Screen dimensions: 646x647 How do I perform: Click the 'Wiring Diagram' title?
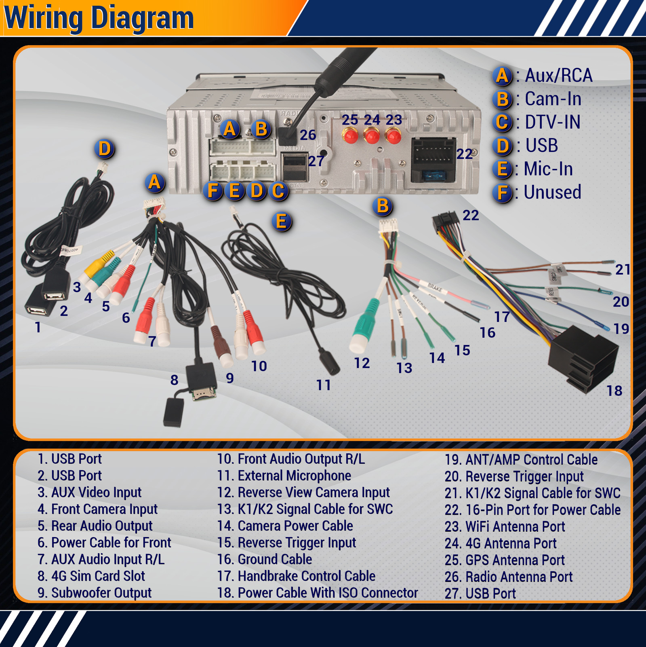(x=99, y=19)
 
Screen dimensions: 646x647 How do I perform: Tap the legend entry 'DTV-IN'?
(x=552, y=122)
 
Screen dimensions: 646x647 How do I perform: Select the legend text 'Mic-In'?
(x=548, y=169)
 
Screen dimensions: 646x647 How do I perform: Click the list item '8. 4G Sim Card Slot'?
(x=91, y=576)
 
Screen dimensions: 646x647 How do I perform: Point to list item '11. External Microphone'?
(x=284, y=476)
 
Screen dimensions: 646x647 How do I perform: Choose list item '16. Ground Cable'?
(x=265, y=559)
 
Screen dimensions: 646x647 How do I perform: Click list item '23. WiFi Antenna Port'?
(x=505, y=526)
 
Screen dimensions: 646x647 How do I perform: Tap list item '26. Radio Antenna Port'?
(x=509, y=577)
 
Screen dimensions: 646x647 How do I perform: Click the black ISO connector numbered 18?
(x=583, y=359)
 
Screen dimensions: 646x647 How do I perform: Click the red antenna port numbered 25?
(x=350, y=135)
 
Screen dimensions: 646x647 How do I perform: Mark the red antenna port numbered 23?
(x=393, y=135)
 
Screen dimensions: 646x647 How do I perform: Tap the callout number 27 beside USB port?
(x=316, y=161)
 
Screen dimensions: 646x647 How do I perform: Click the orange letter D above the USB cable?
(x=105, y=148)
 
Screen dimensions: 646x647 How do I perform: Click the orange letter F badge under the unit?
(x=213, y=190)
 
